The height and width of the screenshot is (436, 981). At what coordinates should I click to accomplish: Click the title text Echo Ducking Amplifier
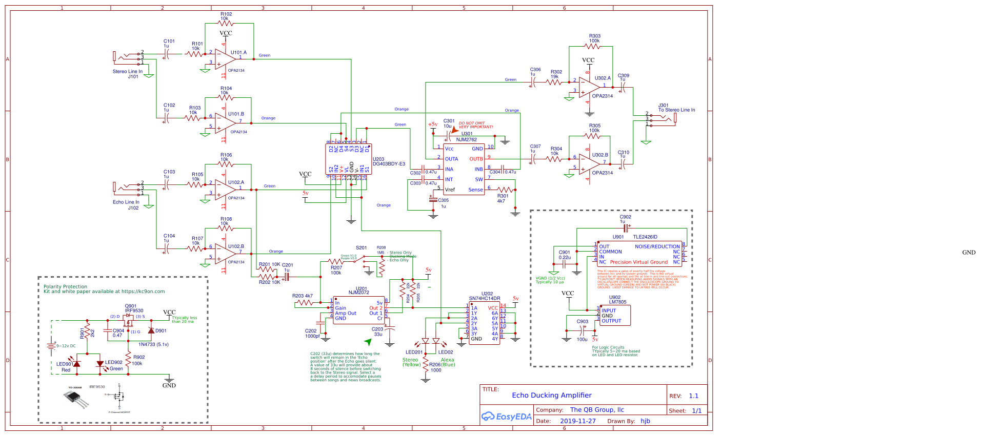tap(551, 395)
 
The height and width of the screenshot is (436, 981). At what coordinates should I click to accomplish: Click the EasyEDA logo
tap(506, 417)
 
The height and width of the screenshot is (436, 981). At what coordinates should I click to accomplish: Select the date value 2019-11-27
tap(577, 421)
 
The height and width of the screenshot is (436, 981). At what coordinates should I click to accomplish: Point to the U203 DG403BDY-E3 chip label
tap(388, 162)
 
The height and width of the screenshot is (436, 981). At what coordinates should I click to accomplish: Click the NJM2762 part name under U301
tap(466, 139)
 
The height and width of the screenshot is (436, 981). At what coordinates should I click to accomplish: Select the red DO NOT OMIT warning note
tap(475, 125)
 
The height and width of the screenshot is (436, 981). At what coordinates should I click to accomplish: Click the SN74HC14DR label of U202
tap(484, 298)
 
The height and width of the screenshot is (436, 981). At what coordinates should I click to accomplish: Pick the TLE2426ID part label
tap(645, 237)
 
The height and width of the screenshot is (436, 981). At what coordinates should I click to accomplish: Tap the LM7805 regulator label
tap(617, 302)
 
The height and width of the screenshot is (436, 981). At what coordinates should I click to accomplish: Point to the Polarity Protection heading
tap(65, 286)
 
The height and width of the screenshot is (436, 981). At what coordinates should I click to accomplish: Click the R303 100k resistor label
tap(594, 38)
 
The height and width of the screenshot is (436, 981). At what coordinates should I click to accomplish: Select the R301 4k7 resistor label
tap(503, 198)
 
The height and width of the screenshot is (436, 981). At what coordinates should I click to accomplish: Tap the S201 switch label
tap(362, 247)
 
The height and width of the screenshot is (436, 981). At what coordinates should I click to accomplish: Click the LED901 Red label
tap(64, 367)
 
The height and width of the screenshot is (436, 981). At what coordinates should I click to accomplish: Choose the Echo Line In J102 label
tap(126, 205)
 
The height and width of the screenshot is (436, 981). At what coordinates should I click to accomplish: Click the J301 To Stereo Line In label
tap(676, 108)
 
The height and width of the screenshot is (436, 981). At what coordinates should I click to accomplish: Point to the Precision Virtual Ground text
tap(638, 262)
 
